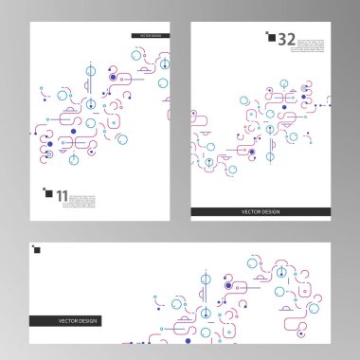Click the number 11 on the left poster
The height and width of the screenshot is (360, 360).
point(62,196)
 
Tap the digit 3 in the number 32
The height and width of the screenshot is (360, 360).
point(282,39)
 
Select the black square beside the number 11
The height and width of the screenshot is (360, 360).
point(48,193)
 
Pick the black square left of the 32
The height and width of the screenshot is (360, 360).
point(270,38)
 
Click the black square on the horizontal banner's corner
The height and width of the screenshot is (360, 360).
point(37,251)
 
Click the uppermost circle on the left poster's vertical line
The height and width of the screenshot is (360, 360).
point(90,70)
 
